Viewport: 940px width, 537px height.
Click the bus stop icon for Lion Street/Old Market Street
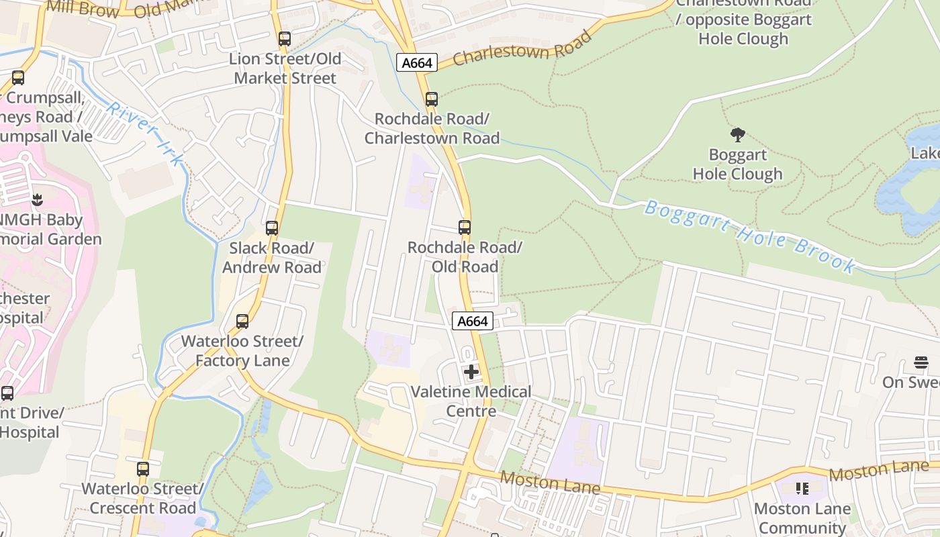pyautogui.click(x=285, y=39)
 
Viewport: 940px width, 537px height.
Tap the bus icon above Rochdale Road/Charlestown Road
pyautogui.click(x=432, y=99)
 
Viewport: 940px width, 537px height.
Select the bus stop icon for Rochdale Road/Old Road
pyautogui.click(x=465, y=228)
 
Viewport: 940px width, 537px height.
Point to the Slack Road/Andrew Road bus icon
pyautogui.click(x=272, y=228)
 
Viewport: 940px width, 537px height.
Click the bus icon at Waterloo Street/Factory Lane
pyautogui.click(x=242, y=322)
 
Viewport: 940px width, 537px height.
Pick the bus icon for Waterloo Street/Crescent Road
pyautogui.click(x=143, y=469)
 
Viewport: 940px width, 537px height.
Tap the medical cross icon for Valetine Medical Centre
pyautogui.click(x=471, y=371)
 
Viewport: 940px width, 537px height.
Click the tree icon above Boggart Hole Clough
pyautogui.click(x=738, y=135)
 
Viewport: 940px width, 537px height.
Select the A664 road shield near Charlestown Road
pyautogui.click(x=417, y=63)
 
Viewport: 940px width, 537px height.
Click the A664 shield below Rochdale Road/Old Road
pyautogui.click(x=472, y=322)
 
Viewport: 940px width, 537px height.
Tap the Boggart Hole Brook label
pyautogui.click(x=749, y=236)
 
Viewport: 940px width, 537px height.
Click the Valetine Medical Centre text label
pyautogui.click(x=471, y=401)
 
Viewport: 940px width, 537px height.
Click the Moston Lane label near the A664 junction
pyautogui.click(x=550, y=482)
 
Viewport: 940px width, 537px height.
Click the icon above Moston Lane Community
pyautogui.click(x=802, y=488)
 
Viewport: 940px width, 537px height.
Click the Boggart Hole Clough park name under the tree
pyautogui.click(x=737, y=164)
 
